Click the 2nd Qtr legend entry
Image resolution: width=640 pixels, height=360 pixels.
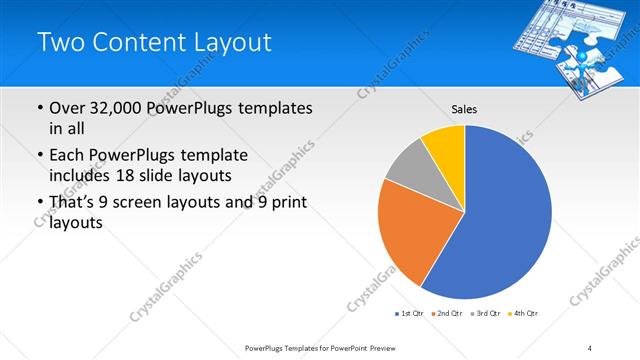click(445, 314)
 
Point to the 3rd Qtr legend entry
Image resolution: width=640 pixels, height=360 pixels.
click(486, 314)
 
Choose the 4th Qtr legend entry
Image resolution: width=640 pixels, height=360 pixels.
click(524, 314)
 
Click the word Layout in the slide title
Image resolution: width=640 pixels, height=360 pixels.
click(227, 41)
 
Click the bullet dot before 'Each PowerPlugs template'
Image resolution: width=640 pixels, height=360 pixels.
click(39, 156)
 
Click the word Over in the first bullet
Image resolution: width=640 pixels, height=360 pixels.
click(67, 108)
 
